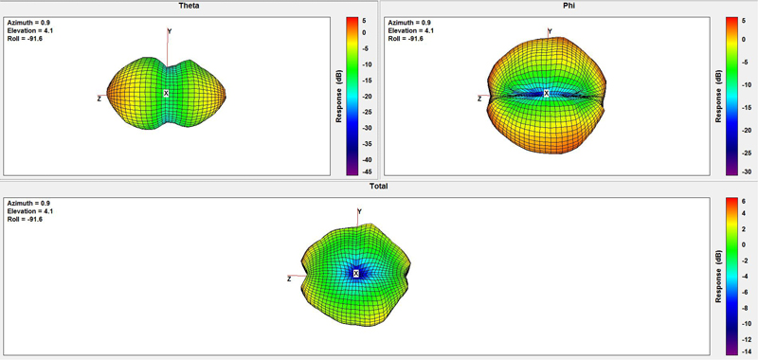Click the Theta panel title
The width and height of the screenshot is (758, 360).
pos(189,6)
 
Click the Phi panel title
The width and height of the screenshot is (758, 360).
pos(569,6)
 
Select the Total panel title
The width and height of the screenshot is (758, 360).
pos(379,186)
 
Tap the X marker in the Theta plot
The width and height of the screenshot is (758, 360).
pos(167,93)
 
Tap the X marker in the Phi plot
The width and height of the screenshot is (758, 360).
pos(547,93)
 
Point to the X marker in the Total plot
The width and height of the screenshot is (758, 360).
pos(356,274)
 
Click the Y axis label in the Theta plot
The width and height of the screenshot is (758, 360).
pos(170,31)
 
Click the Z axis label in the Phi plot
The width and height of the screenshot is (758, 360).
pos(479,99)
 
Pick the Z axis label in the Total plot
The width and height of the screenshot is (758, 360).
pos(289,279)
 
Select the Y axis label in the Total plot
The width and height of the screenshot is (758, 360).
pos(359,211)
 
